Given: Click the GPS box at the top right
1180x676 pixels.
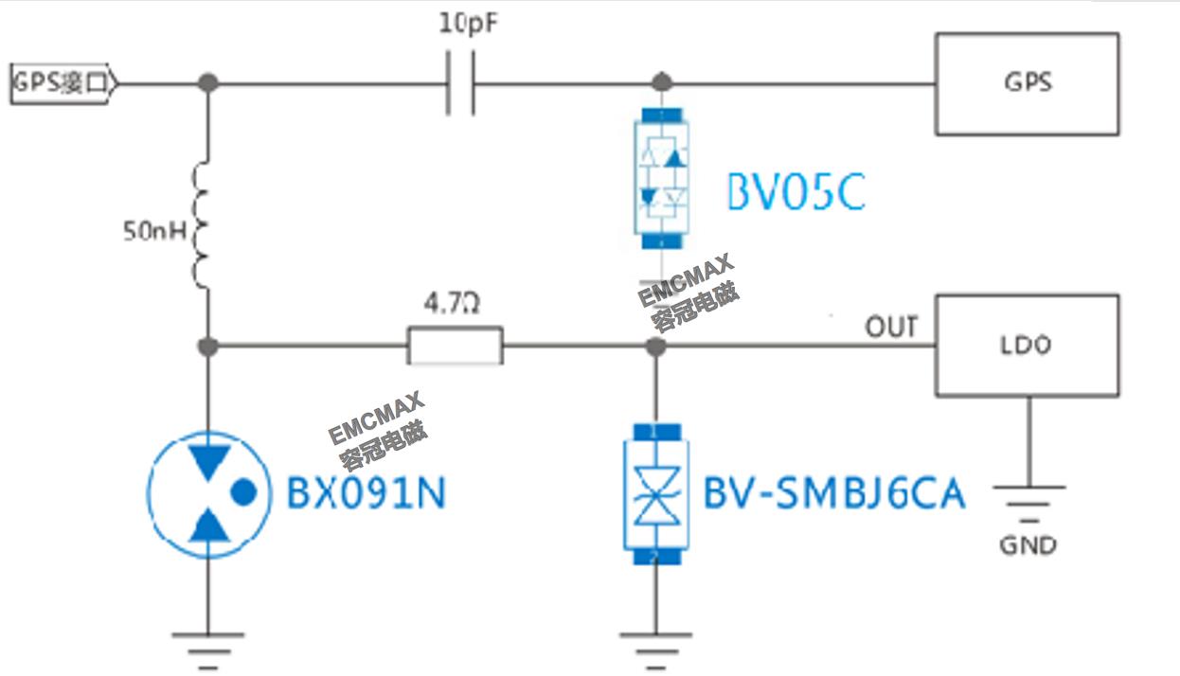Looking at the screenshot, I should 1027,83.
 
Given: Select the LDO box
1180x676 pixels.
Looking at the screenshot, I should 1027,346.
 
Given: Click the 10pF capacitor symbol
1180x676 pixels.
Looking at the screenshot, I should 459,83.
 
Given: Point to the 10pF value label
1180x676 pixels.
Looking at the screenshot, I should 468,25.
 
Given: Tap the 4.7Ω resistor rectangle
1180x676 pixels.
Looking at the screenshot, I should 455,346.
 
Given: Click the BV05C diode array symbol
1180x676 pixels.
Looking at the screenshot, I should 663,178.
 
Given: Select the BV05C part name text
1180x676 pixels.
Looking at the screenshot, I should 796,192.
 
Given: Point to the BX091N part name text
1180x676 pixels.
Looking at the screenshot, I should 366,493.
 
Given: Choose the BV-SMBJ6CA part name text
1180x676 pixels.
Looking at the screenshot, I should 833,493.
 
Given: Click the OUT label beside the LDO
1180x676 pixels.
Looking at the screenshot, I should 890,327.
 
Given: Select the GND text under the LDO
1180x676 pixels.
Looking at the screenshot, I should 1028,545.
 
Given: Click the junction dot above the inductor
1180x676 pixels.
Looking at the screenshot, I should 208,83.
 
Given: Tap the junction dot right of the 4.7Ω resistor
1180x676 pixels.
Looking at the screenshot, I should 653,347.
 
